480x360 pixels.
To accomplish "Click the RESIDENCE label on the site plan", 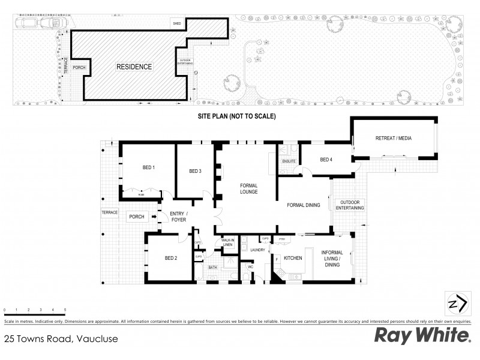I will click(x=134, y=67).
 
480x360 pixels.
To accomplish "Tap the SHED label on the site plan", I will click(x=176, y=23).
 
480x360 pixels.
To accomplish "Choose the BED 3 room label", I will click(x=194, y=171).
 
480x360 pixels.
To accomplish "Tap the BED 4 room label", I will click(x=326, y=160).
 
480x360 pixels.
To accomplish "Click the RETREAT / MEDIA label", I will click(x=394, y=139).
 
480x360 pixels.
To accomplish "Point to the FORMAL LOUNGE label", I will click(x=249, y=188).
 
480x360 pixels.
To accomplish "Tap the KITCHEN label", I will click(x=292, y=258).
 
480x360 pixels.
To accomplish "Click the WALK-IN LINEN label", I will click(x=227, y=242).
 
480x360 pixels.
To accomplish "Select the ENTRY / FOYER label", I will click(x=179, y=217).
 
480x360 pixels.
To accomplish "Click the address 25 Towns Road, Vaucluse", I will click(x=61, y=339).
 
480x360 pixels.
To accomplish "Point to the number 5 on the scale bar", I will click(x=65, y=309).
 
